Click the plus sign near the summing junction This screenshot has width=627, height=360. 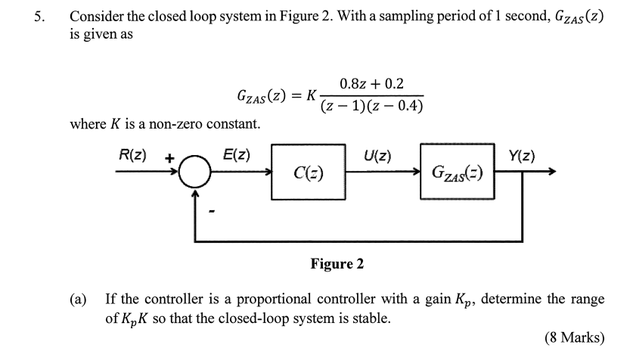[170, 158]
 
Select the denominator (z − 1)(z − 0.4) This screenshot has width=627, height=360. [371, 107]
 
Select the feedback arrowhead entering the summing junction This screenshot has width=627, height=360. [195, 194]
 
